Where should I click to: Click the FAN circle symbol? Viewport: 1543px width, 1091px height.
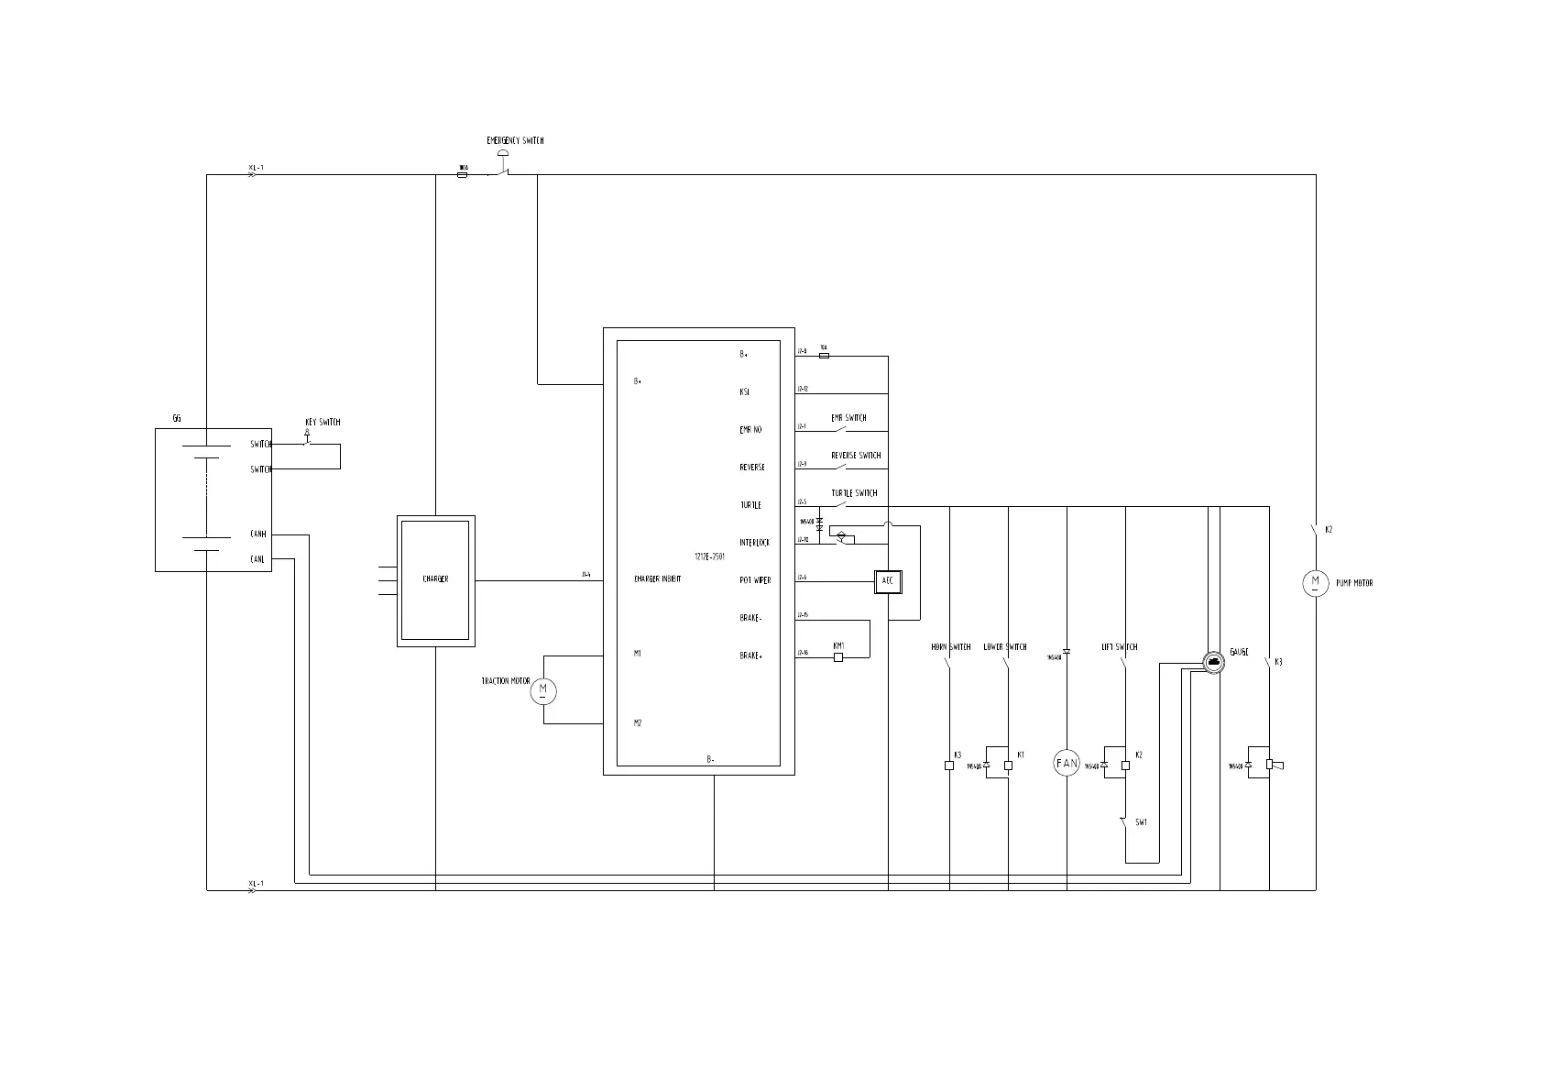pos(1067,763)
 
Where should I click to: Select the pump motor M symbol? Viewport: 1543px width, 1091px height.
pos(1315,583)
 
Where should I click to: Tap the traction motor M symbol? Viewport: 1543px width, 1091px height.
pos(543,691)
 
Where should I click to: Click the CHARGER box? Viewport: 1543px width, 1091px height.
pos(435,580)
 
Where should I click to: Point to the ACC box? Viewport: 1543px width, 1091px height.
pos(887,581)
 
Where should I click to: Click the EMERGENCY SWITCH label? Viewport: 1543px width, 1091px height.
pos(515,141)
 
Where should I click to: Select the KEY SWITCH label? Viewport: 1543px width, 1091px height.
pos(323,423)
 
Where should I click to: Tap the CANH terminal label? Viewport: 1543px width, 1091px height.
pos(258,534)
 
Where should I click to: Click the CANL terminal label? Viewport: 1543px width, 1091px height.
pos(258,559)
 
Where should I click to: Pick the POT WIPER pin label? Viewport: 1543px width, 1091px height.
pos(755,580)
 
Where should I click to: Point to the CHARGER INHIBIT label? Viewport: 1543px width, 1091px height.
pos(657,579)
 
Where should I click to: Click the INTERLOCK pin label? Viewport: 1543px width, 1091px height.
pos(755,543)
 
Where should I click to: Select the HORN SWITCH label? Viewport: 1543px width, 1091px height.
pos(950,647)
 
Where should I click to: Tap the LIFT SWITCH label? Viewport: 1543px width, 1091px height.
pos(1119,647)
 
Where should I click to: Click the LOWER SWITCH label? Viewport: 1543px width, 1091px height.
pos(1005,647)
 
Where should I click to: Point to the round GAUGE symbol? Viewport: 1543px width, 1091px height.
pos(1212,662)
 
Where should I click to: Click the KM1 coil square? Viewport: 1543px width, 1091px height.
pos(838,656)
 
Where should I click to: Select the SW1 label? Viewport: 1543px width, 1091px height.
pos(1141,822)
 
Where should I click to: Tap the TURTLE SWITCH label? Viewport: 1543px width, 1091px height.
pos(854,493)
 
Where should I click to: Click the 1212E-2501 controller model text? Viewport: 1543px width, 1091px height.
pos(710,557)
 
